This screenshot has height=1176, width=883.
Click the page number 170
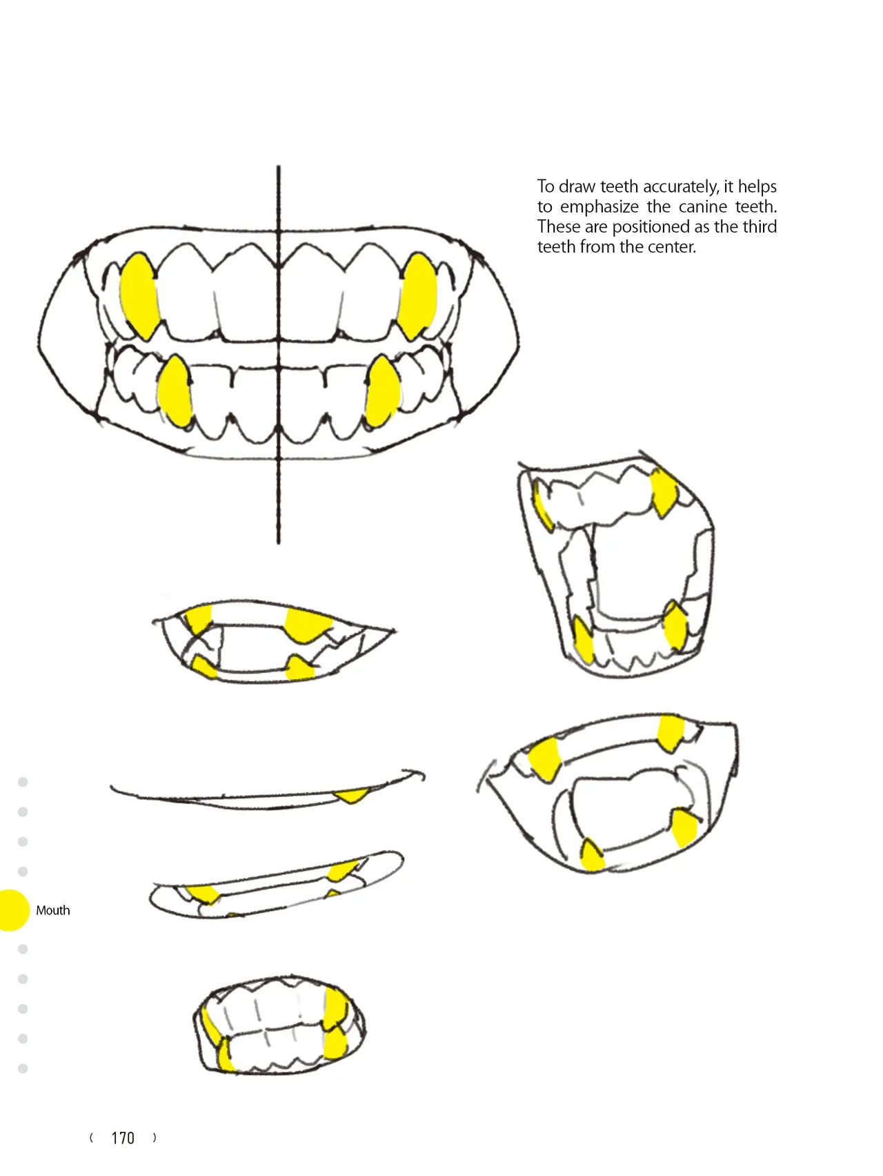[123, 1138]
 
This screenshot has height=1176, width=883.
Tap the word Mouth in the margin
[53, 910]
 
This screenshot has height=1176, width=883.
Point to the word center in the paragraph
[673, 247]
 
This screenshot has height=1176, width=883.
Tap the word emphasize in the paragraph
[599, 207]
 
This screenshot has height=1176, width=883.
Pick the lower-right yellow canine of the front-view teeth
[382, 391]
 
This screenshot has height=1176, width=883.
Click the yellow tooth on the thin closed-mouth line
[352, 796]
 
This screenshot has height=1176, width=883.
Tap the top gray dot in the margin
[23, 782]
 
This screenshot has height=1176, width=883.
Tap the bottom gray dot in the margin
[23, 1068]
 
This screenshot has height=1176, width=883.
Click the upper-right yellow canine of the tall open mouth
[664, 493]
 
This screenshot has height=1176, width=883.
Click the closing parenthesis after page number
[155, 1138]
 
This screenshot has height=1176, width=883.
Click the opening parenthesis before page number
[92, 1138]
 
